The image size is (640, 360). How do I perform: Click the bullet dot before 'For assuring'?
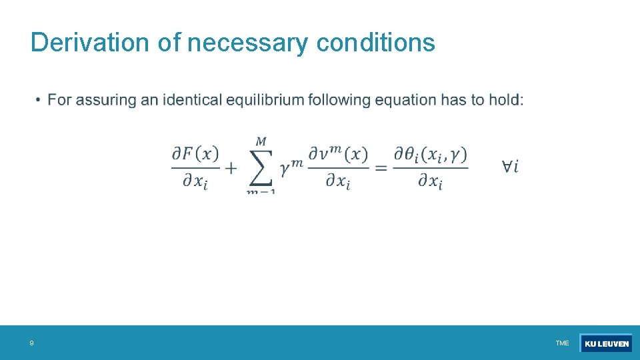click(39, 101)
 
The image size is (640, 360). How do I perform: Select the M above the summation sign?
click(261, 141)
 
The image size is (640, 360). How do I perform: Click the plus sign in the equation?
click(231, 168)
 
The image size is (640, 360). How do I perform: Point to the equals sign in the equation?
click(381, 168)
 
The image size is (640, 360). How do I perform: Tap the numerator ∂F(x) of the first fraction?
click(195, 154)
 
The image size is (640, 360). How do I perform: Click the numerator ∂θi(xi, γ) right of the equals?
click(430, 155)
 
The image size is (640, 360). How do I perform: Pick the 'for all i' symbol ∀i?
click(511, 167)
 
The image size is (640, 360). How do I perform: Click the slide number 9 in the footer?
click(31, 343)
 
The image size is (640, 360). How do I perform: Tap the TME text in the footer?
click(562, 343)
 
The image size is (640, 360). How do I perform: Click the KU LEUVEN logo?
click(606, 343)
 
